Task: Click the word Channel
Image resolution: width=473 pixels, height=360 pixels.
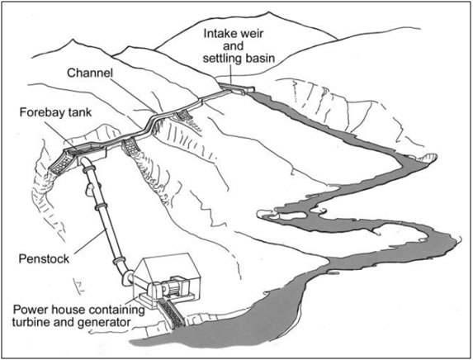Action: click(x=90, y=73)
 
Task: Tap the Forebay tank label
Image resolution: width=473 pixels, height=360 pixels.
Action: click(x=55, y=112)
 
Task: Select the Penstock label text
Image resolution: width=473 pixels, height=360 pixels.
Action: click(x=44, y=259)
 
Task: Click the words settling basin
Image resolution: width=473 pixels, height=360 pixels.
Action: click(x=239, y=59)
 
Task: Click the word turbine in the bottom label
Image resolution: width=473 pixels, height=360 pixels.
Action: click(x=31, y=322)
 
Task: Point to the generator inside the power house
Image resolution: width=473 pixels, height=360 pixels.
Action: click(x=172, y=286)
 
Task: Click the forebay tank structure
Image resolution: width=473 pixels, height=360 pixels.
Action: click(x=85, y=151)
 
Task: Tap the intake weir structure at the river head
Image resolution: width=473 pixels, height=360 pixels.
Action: click(x=237, y=88)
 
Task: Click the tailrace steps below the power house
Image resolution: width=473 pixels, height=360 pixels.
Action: click(x=172, y=314)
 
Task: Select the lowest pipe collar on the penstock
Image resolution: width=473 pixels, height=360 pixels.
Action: click(x=119, y=261)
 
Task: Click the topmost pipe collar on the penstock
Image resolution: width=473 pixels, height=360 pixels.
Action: click(x=88, y=168)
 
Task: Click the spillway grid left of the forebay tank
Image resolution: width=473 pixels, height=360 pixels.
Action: click(x=61, y=163)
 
